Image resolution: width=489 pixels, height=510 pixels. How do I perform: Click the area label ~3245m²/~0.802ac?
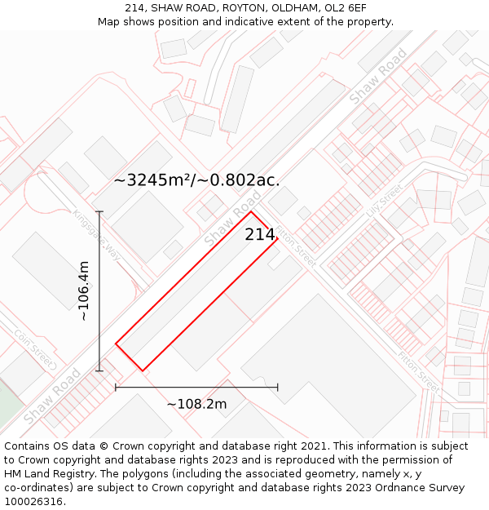click(x=196, y=180)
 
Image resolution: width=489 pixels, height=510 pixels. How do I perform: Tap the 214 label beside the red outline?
click(x=260, y=235)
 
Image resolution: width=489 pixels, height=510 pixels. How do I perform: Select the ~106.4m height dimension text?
click(x=84, y=290)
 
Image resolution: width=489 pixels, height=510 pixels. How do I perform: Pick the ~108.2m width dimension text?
click(x=196, y=404)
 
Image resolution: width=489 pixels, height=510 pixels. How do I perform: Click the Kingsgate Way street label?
click(x=96, y=237)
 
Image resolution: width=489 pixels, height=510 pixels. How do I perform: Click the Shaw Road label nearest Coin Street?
click(x=51, y=396)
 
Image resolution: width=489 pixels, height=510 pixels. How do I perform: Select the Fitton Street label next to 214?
click(x=294, y=247)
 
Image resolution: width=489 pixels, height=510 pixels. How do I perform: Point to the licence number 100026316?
click(x=33, y=501)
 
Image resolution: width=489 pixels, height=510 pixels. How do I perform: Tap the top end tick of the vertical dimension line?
click(x=99, y=212)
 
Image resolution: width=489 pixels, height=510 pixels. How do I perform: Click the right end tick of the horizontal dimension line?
click(x=278, y=387)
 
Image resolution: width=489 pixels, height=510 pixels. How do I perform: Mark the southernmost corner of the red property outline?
click(x=143, y=370)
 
